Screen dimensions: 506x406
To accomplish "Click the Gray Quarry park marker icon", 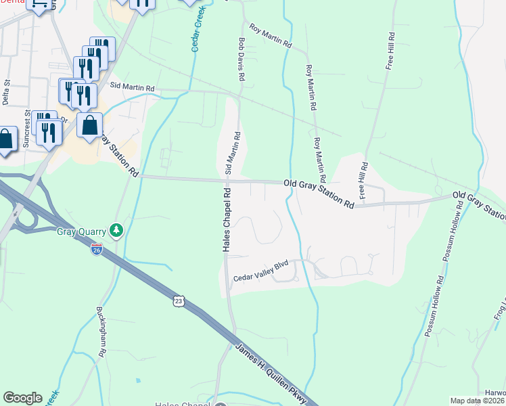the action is point(117,231).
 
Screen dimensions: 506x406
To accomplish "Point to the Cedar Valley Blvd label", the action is point(260,278).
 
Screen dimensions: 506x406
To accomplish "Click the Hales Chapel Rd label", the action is point(227,220).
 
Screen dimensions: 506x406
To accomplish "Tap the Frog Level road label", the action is point(499,308).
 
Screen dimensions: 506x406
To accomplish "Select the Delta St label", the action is point(7,93).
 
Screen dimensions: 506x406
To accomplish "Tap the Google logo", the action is point(22,398).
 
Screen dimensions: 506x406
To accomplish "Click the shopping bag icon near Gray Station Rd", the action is point(89,126).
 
